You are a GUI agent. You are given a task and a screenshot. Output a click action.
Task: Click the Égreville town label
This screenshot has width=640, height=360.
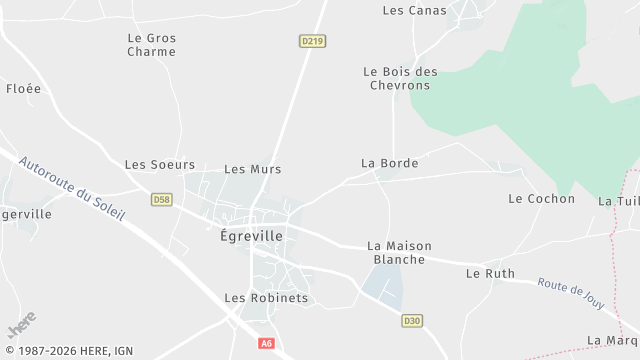251,236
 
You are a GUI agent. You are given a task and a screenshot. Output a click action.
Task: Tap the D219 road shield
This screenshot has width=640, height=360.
312,41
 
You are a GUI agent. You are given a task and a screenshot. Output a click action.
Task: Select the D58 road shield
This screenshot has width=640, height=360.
162,200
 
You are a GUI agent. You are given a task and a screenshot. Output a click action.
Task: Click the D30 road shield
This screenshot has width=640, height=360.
411,321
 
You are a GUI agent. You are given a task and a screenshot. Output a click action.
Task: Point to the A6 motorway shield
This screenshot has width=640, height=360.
266,343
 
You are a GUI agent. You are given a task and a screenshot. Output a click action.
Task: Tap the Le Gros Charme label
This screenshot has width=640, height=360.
152,45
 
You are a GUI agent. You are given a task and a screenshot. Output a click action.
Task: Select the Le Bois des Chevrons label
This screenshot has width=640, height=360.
399,78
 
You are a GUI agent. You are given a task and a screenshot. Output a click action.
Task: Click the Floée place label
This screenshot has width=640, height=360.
24,88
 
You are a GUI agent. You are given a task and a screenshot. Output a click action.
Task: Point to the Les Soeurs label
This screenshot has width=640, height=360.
160,164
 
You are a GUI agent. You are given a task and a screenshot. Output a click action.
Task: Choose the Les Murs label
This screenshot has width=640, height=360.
252,169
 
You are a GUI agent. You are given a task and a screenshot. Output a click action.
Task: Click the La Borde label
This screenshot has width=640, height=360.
389,162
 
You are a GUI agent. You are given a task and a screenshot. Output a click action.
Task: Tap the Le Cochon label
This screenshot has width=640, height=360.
541,198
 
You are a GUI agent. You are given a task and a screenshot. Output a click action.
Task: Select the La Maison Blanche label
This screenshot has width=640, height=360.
396,252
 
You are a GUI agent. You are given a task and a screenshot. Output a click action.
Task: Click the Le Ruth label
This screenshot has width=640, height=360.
490,273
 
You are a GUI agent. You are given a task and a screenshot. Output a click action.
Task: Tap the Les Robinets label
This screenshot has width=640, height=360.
266,298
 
